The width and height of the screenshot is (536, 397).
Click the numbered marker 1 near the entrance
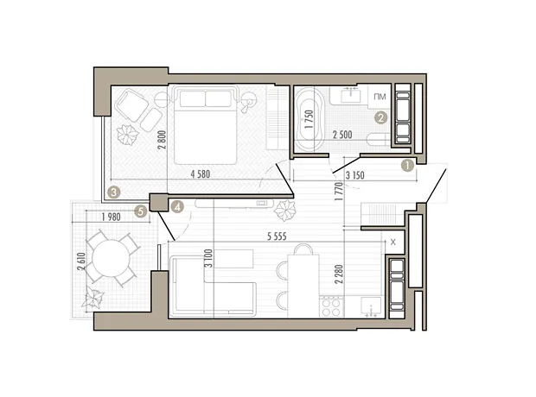(x=407, y=166)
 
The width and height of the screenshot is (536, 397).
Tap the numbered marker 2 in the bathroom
(x=380, y=118)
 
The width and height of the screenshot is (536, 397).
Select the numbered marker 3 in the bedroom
(x=113, y=192)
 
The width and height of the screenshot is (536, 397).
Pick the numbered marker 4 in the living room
(x=177, y=206)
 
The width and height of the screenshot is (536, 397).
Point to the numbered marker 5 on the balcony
(x=141, y=211)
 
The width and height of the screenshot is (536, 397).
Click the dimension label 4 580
(x=201, y=174)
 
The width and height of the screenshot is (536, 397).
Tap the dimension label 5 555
(x=277, y=236)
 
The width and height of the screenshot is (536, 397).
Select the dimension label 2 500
(x=342, y=135)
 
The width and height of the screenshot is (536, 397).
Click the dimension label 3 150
(x=354, y=175)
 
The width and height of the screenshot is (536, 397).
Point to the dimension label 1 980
(x=112, y=217)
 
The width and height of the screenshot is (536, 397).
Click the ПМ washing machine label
(x=380, y=97)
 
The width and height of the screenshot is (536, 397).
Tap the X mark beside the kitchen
(x=392, y=243)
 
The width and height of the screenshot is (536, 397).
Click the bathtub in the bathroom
(x=309, y=118)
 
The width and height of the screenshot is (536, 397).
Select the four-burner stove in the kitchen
(x=331, y=306)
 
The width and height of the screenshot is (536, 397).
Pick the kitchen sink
(x=371, y=306)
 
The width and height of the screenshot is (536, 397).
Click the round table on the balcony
(x=112, y=258)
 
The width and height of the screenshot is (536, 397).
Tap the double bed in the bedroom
(x=205, y=124)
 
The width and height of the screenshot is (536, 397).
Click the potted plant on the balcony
(x=93, y=297)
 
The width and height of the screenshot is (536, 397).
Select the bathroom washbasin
(x=350, y=95)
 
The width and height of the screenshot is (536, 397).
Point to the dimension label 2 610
(x=81, y=262)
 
